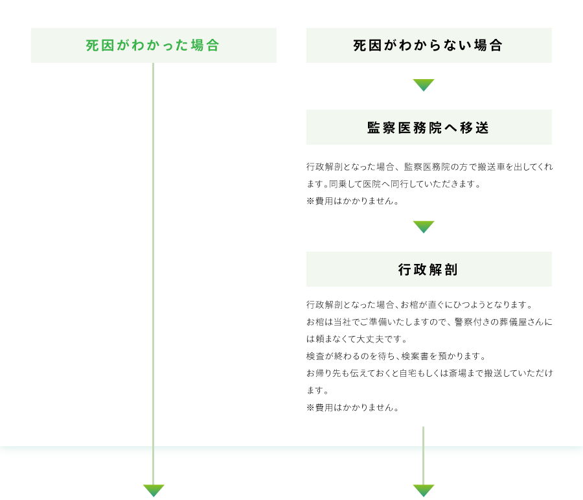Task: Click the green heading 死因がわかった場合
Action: coord(152,45)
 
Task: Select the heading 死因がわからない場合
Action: coord(428,45)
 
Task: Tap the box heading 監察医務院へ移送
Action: coord(428,128)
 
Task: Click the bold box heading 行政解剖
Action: coord(428,270)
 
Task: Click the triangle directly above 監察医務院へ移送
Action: coord(424,84)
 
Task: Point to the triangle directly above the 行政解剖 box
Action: coord(424,226)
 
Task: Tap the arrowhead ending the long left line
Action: coord(154,490)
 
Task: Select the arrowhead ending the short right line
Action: coord(424,490)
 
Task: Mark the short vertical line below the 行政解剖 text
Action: coord(423,455)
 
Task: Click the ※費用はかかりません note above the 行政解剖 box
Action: coord(353,201)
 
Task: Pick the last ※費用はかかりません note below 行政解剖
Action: coord(353,408)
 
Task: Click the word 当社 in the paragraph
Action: coord(343,322)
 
